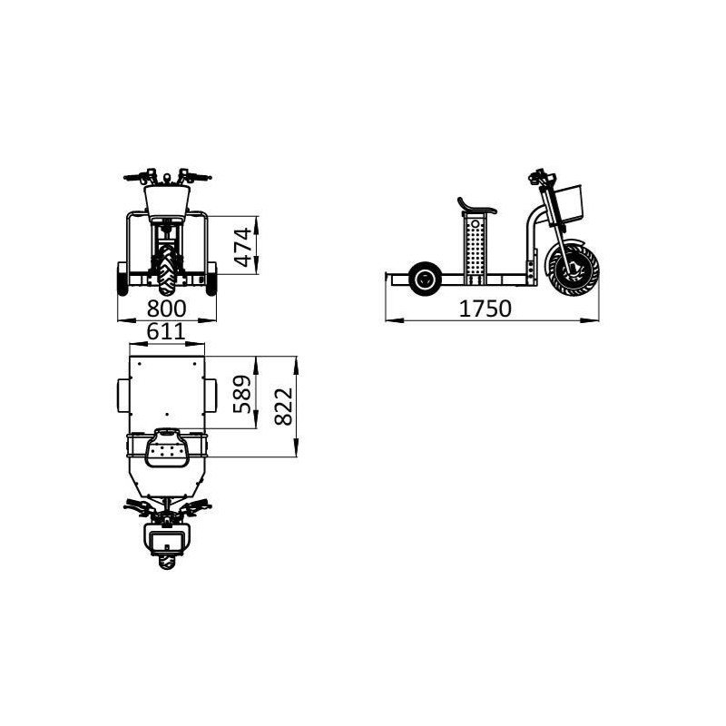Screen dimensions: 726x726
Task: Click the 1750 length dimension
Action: click(x=486, y=309)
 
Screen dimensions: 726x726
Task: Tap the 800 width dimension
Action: click(x=168, y=309)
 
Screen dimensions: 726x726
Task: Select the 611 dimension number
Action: click(x=166, y=332)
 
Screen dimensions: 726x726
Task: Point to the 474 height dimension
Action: click(x=242, y=246)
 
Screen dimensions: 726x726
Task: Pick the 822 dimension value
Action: click(x=282, y=406)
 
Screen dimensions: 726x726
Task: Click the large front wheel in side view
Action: click(x=572, y=267)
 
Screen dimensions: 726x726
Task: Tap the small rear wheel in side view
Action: click(x=424, y=280)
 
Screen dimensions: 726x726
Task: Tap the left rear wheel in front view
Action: click(x=123, y=280)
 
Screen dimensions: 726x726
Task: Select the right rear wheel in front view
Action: click(x=213, y=280)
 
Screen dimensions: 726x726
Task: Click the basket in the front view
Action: click(x=168, y=198)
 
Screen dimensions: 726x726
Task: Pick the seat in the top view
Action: click(x=167, y=446)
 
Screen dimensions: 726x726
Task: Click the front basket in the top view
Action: click(x=167, y=542)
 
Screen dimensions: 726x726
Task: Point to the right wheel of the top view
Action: click(x=212, y=395)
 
